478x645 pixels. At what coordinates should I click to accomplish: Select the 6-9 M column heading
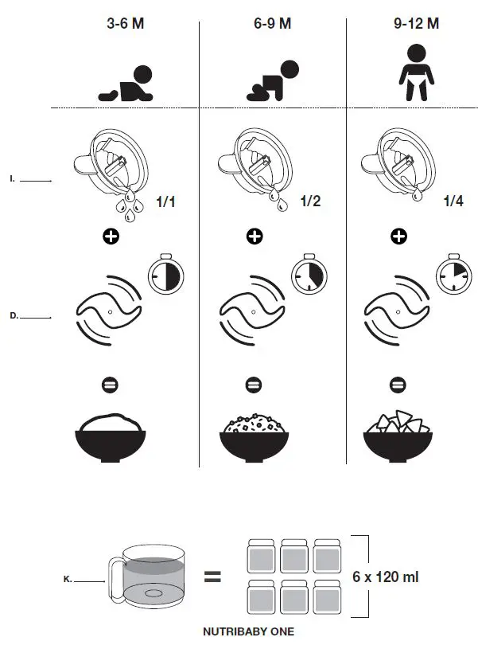click(267, 23)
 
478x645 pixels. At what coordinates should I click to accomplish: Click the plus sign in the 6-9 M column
click(255, 236)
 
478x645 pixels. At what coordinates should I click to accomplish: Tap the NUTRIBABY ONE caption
click(248, 631)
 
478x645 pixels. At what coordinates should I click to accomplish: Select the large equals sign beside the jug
click(212, 577)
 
